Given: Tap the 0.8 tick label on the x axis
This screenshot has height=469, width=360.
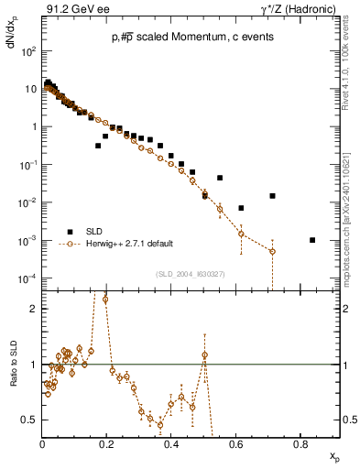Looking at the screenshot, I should (300, 444).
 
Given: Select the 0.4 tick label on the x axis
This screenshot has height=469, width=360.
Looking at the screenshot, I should (171, 444).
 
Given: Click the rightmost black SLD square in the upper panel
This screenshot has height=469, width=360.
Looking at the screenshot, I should (312, 240).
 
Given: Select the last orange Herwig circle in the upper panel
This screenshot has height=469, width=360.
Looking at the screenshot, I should (272, 251).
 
